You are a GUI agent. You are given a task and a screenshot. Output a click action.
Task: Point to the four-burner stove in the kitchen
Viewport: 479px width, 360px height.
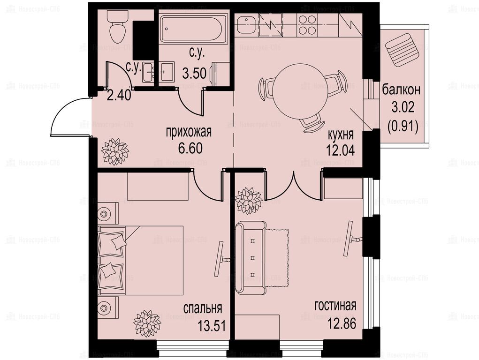[307, 25]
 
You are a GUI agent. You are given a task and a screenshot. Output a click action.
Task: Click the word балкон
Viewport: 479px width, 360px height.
[401, 90]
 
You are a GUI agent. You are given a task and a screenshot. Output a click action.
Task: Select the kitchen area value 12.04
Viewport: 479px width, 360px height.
[341, 150]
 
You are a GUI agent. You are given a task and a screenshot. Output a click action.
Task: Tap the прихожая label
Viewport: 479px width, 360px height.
[189, 133]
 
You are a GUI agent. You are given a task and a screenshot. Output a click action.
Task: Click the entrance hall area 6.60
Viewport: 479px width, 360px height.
[190, 149]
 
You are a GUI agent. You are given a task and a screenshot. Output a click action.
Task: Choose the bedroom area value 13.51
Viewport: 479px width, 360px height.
[212, 326]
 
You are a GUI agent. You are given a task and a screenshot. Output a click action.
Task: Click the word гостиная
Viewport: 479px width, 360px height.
[335, 305]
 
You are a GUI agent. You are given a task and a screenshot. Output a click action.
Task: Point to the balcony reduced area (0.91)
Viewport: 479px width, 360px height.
[403, 126]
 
